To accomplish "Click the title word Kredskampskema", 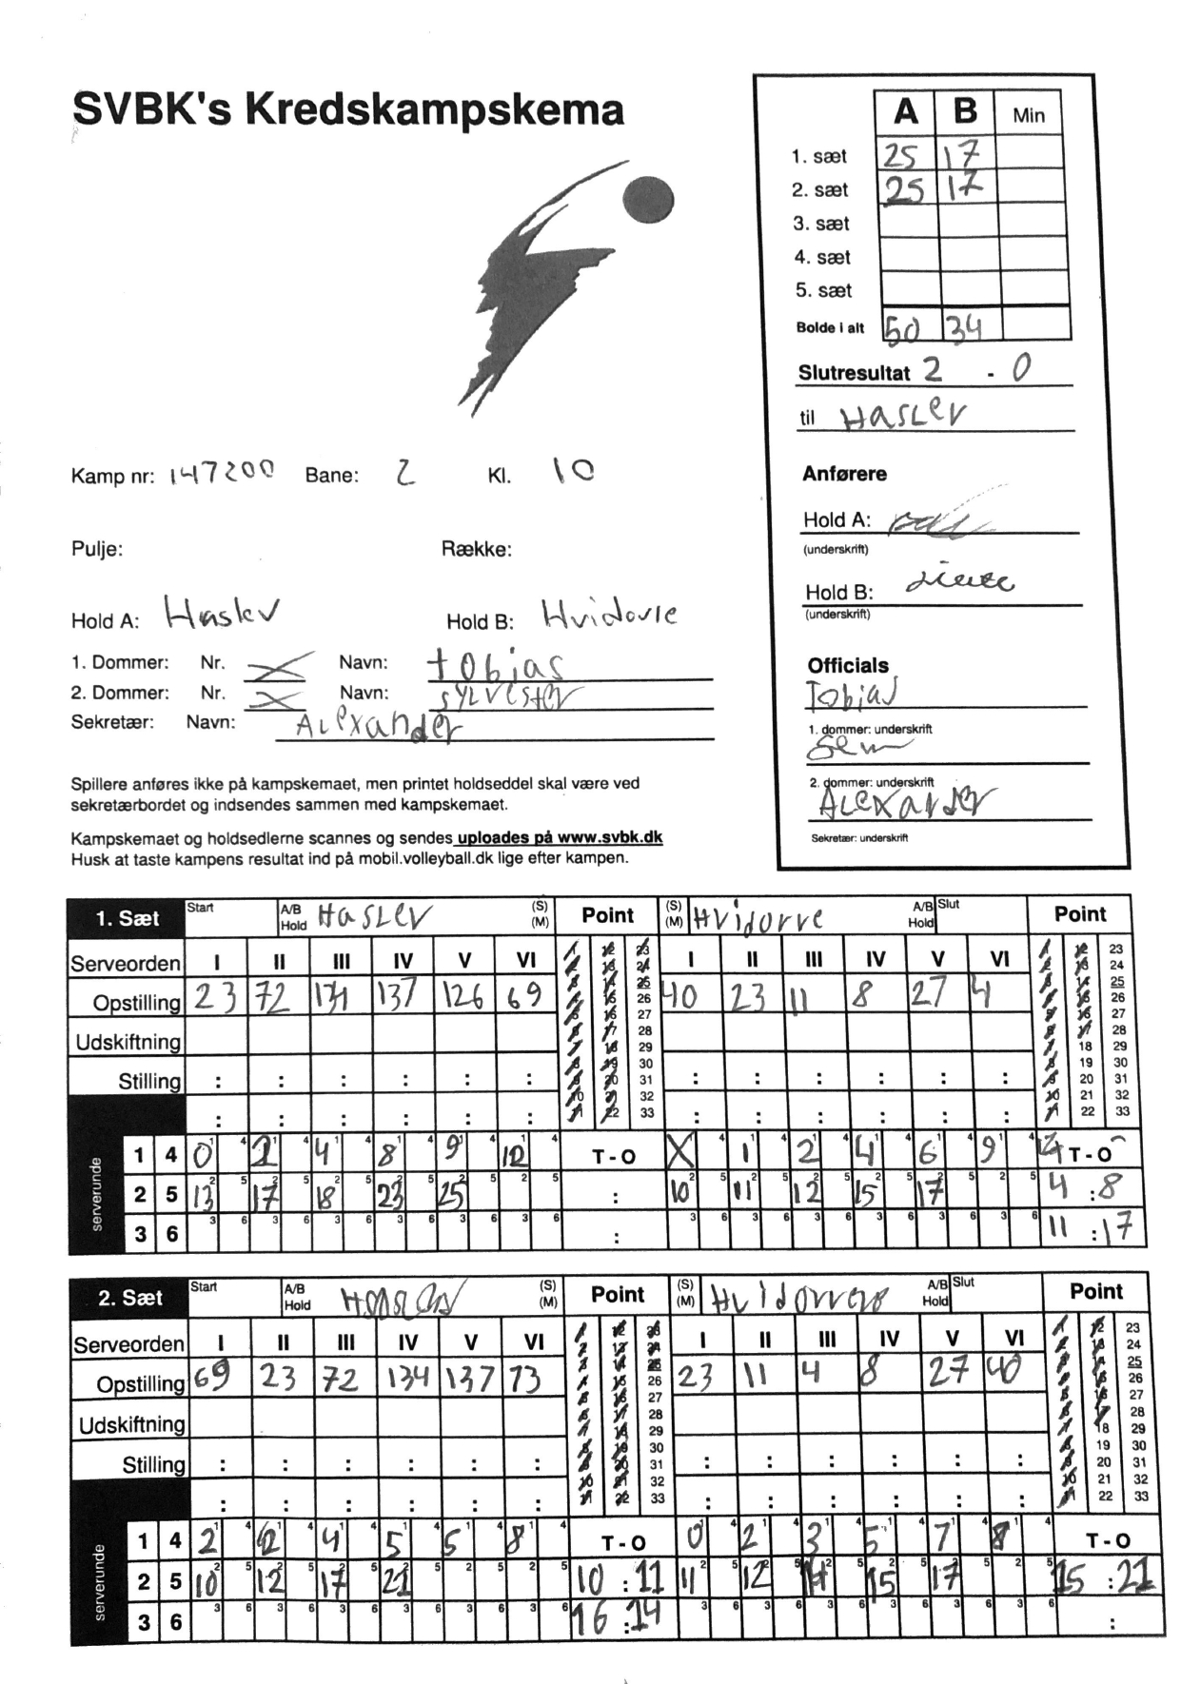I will pos(434,110).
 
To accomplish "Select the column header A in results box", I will pos(906,112).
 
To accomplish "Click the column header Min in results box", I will pos(1028,115).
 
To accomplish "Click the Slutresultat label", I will pos(854,373).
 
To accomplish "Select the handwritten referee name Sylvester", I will pos(504,698).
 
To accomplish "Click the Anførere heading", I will pos(844,474).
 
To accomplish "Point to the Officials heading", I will pos(848,665).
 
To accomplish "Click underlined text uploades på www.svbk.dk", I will pos(560,838).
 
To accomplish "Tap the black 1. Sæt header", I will pos(127,919).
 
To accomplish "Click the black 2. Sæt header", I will pos(129,1298).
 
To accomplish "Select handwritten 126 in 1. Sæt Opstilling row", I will pos(463,996).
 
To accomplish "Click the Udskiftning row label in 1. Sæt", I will pos(128,1042).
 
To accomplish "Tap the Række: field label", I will pos(476,549).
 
